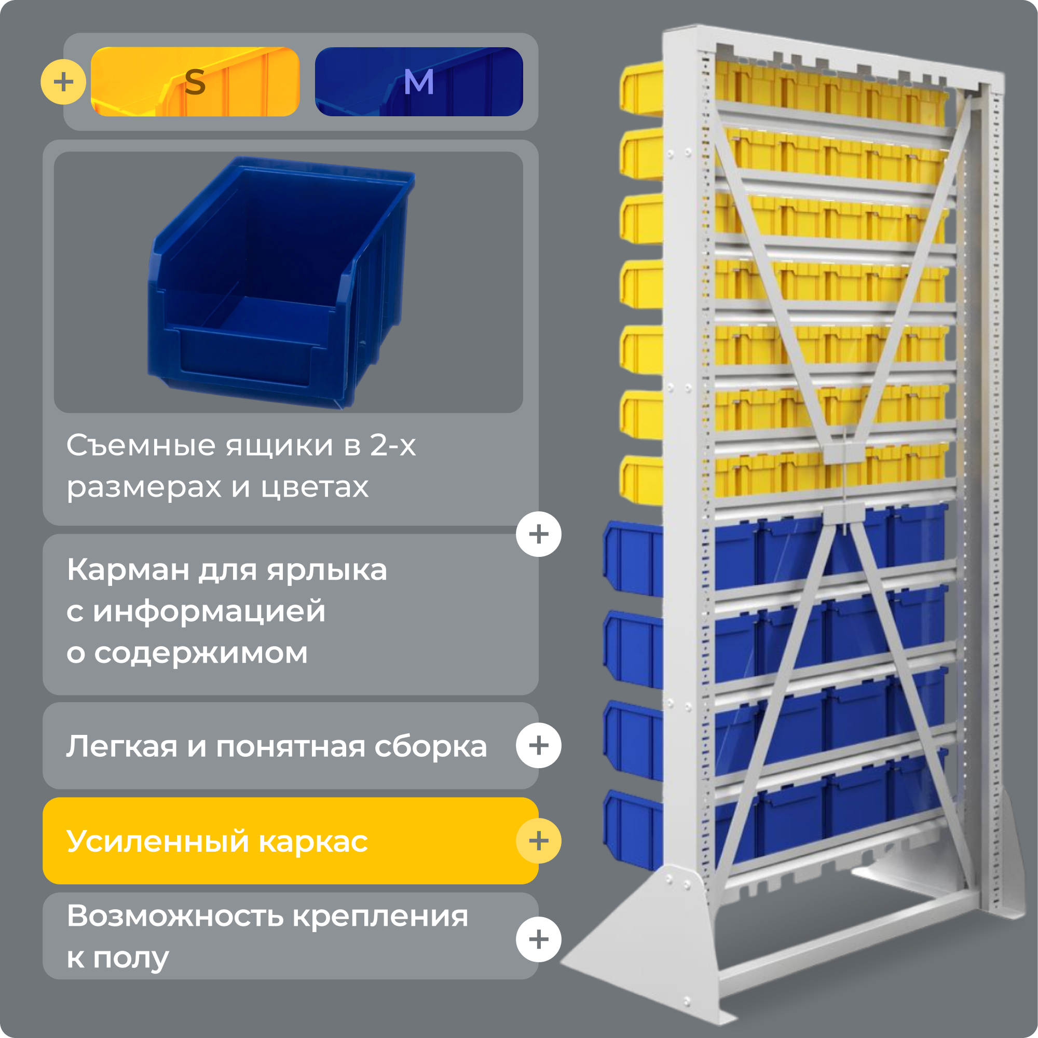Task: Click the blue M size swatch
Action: coord(419,81)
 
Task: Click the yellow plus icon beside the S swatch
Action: coord(63,81)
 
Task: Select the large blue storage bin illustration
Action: coord(279,282)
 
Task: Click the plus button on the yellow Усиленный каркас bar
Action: coord(538,841)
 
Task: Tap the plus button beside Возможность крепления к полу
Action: coord(538,939)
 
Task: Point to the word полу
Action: coord(131,958)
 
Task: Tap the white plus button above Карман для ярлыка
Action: coord(538,534)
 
